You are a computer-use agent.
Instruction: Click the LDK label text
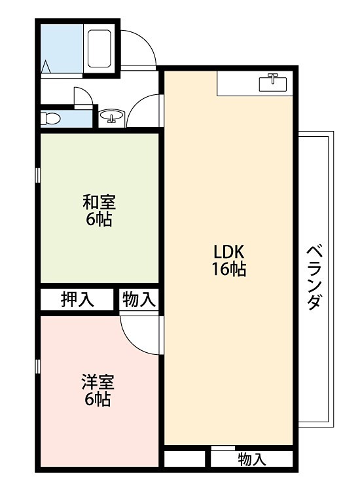point(228,251)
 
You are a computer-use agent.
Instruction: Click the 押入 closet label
point(77,299)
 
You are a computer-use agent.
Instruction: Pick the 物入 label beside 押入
point(139,299)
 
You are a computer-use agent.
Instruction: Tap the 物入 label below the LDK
point(252,459)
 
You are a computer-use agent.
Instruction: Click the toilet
point(50,119)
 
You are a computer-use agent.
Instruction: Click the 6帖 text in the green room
point(99,219)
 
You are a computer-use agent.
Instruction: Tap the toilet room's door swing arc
point(82,96)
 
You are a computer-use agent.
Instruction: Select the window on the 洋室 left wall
point(38,366)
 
